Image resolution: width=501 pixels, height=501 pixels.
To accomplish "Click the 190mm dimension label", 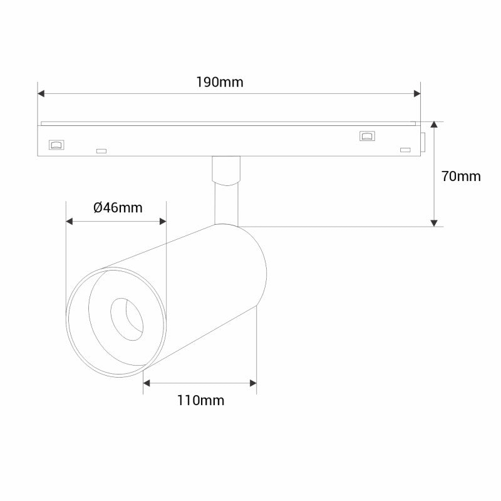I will tap(219, 82).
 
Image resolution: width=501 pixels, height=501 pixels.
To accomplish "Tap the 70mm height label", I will tap(461, 176).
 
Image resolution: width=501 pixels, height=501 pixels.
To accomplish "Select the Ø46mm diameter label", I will tap(118, 207).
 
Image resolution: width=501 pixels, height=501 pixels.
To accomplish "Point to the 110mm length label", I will tap(200, 400).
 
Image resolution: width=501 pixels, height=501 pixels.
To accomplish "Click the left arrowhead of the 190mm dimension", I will tap(41, 94).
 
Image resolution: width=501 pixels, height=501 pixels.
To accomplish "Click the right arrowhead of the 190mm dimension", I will tap(416, 94).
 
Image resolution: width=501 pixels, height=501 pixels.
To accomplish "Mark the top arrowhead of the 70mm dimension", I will tap(433, 125).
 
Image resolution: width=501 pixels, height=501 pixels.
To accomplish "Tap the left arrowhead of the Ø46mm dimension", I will tap(70, 221).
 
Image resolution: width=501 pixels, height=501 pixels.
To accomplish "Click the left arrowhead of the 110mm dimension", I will tap(147, 382).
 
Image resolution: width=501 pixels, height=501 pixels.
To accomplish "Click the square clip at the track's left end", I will tap(56, 144).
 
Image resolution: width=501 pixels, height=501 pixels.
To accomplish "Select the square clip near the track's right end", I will tap(366, 135).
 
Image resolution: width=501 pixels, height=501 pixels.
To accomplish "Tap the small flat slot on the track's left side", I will tap(100, 150).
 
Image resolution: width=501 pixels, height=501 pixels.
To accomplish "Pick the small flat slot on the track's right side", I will tap(405, 150).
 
